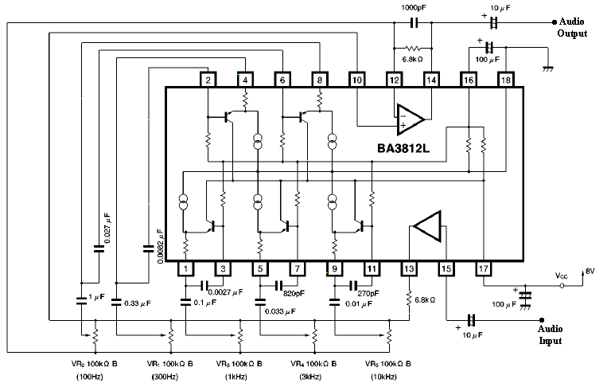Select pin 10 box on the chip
click(x=357, y=80)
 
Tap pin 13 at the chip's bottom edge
click(x=409, y=268)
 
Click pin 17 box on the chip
click(x=483, y=268)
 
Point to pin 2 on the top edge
click(x=208, y=80)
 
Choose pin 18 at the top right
click(x=505, y=80)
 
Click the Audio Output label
click(x=573, y=28)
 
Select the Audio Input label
click(x=550, y=334)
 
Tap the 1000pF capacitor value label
click(x=413, y=6)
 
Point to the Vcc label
click(x=562, y=277)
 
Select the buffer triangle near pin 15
click(x=427, y=226)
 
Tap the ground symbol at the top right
click(x=547, y=69)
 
